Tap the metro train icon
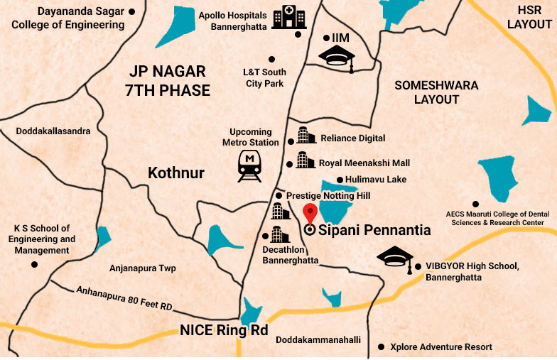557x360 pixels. click(249, 165)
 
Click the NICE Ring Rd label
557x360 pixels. click(223, 331)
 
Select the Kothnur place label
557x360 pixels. click(176, 173)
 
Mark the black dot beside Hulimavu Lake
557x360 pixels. click(340, 180)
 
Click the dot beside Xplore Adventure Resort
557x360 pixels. click(383, 347)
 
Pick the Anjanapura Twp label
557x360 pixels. click(142, 268)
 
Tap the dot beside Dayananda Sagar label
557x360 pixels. click(132, 12)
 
